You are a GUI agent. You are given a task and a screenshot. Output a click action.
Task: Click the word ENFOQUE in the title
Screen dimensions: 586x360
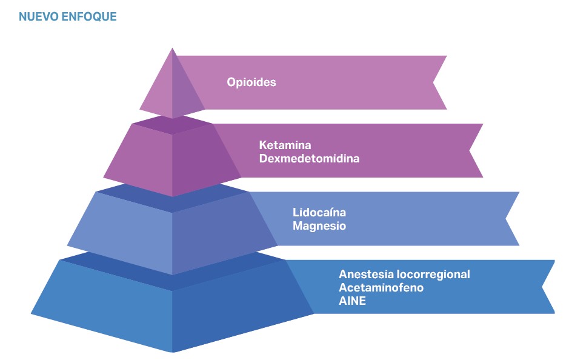pyautogui.click(x=89, y=17)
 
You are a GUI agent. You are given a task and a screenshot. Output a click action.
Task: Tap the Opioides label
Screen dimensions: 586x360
pyautogui.click(x=251, y=82)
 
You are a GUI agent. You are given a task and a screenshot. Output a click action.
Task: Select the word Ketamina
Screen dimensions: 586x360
pyautogui.click(x=285, y=145)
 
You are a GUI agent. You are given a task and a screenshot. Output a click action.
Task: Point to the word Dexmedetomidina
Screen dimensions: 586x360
pyautogui.click(x=310, y=159)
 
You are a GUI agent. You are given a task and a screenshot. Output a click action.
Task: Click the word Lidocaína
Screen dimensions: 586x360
pyautogui.click(x=319, y=212)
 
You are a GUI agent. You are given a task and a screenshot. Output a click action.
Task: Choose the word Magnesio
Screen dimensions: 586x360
pyautogui.click(x=319, y=226)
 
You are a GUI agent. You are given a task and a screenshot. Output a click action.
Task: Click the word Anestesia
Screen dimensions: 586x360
pyautogui.click(x=366, y=275)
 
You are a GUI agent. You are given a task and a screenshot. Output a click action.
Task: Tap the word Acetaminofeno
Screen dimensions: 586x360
pyautogui.click(x=381, y=287)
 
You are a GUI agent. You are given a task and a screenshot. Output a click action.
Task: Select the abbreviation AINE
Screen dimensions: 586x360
pyautogui.click(x=352, y=301)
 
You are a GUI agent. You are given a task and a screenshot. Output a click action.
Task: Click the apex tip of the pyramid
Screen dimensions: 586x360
pyautogui.click(x=172, y=48)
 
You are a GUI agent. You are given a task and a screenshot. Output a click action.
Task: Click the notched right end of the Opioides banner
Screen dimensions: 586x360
pyautogui.click(x=433, y=82)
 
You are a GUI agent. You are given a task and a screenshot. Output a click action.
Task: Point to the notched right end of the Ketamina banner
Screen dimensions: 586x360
pyautogui.click(x=470, y=151)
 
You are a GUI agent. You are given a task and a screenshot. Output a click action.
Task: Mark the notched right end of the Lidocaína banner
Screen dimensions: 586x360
pyautogui.click(x=506, y=219)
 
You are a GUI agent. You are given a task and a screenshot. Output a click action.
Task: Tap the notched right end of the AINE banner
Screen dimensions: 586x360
pyautogui.click(x=542, y=287)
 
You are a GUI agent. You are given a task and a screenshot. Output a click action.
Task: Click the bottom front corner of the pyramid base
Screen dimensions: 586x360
pyautogui.click(x=173, y=352)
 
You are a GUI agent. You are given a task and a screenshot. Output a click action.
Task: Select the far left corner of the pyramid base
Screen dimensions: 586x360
pyautogui.click(x=31, y=314)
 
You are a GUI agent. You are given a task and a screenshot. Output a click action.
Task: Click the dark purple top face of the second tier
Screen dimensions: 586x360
pyautogui.click(x=172, y=124)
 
